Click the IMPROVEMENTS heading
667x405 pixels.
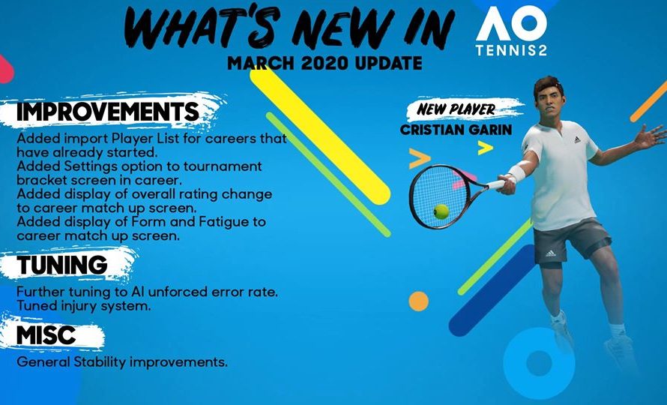[x=108, y=112]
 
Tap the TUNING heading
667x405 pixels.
[x=62, y=265]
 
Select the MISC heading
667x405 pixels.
[x=46, y=335]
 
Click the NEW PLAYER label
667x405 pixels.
[x=456, y=109]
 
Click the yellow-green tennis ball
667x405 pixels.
[x=441, y=211]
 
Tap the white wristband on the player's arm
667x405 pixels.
[x=517, y=175]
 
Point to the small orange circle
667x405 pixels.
[x=418, y=301]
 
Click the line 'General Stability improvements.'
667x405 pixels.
[x=121, y=362]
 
